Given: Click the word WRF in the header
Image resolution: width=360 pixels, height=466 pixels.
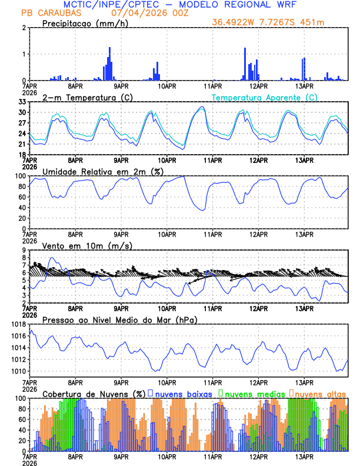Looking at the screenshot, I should (284, 5).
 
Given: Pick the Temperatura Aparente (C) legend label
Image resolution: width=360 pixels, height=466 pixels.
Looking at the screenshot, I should (265, 97).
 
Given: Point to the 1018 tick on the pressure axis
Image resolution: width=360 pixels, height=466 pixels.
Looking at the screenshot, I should (18, 324).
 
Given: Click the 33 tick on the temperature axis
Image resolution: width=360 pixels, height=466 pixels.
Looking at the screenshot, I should (22, 102).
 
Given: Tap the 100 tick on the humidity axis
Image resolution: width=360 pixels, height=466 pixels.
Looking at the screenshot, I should (20, 176).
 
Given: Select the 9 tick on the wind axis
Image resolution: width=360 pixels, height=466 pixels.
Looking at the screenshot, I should (24, 250).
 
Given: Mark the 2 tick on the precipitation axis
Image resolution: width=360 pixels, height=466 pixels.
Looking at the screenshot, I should (24, 28).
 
